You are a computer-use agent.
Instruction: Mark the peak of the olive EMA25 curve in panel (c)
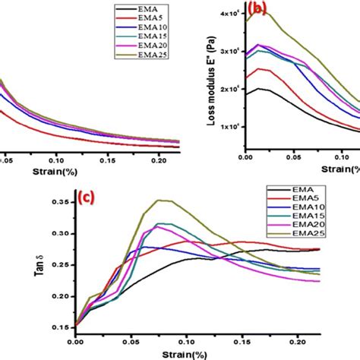[x=159, y=201]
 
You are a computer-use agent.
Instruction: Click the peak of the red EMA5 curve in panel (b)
[x=261, y=69]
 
